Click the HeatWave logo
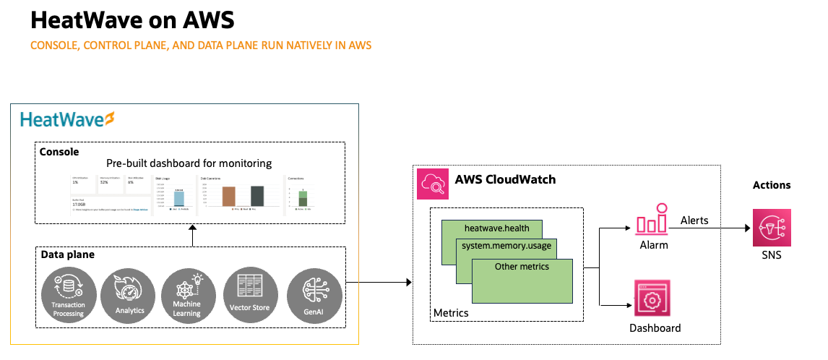click(68, 119)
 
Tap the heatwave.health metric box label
click(496, 228)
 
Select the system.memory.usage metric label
click(507, 247)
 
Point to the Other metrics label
click(522, 266)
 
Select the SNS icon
click(771, 228)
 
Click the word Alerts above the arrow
click(694, 219)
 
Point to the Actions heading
click(771, 185)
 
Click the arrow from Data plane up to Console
click(192, 236)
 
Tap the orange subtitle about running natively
click(200, 46)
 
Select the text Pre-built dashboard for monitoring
click(189, 163)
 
